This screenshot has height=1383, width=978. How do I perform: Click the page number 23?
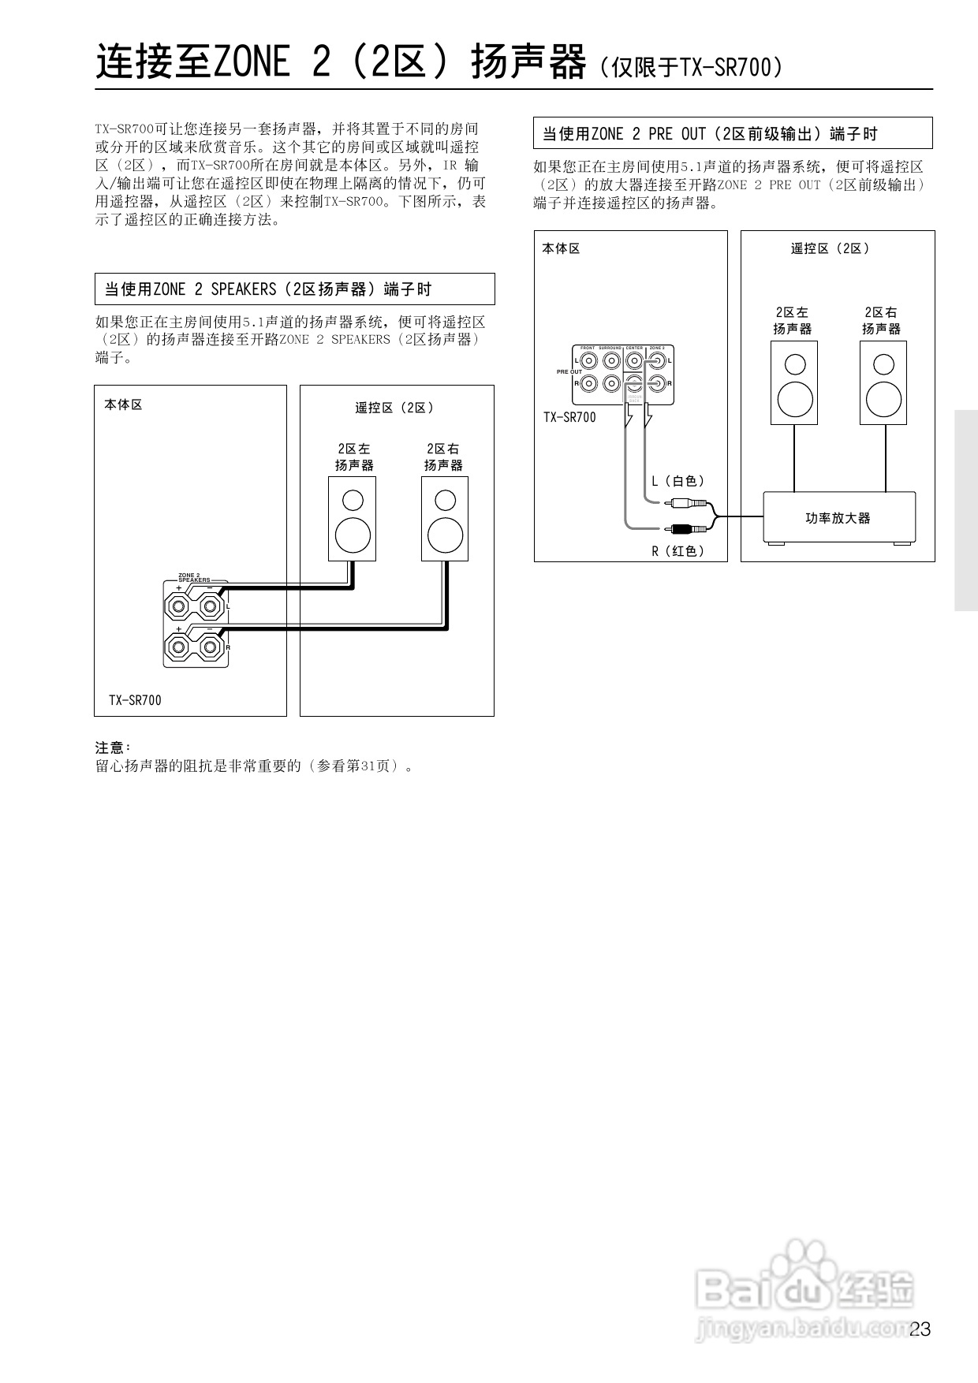tap(920, 1329)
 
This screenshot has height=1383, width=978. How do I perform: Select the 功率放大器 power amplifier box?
tap(838, 518)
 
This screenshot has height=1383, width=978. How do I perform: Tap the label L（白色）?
tap(678, 481)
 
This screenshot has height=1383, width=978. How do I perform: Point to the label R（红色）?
tap(678, 551)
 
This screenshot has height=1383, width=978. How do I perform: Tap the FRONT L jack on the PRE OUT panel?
tap(588, 361)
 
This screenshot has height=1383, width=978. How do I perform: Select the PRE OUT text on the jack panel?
tap(569, 372)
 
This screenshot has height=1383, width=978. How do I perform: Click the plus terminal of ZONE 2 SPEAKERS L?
tap(177, 607)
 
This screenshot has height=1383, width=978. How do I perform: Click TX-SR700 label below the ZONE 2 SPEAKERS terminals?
tap(135, 700)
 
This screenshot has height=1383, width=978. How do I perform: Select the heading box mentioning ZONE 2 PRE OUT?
tap(733, 133)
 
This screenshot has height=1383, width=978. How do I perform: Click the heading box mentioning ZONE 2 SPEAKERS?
tap(294, 289)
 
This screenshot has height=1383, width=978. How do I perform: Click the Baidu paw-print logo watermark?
tap(804, 1278)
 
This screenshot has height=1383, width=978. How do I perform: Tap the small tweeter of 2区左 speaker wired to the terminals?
tap(353, 500)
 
